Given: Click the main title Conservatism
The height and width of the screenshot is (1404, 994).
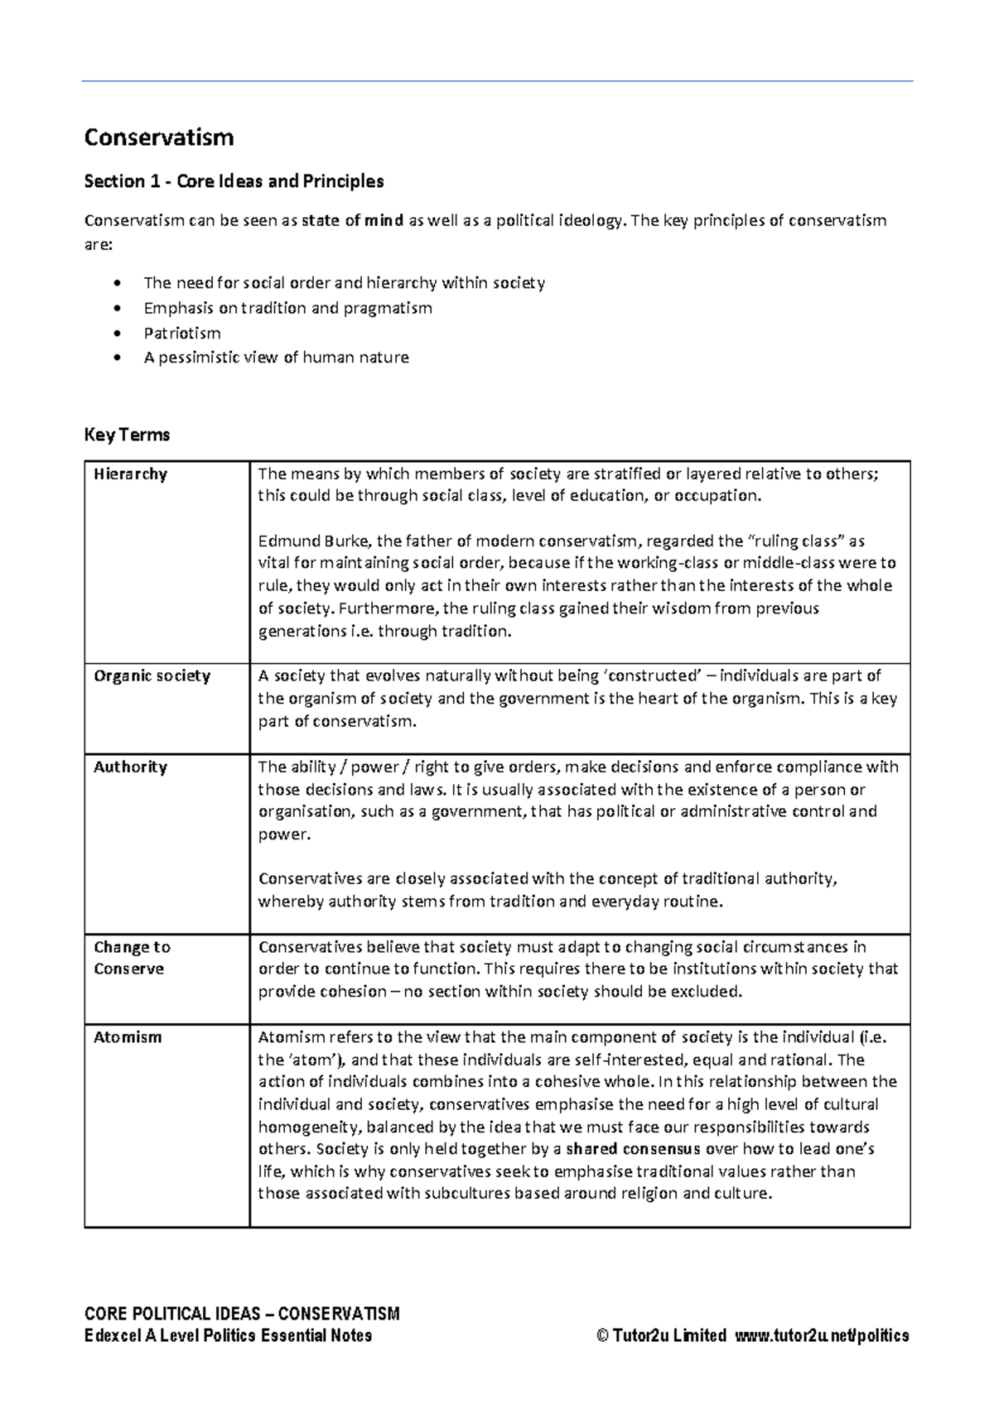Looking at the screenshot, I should point(158,137).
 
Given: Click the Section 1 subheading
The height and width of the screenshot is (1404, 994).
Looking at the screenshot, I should point(234,181).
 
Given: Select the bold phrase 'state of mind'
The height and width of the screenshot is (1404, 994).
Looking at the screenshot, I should point(352,220).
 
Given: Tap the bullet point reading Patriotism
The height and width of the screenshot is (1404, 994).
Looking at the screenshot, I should point(181,333).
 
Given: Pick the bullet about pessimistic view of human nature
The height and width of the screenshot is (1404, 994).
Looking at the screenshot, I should point(276,358).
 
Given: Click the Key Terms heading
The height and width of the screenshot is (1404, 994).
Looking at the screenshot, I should point(127,435).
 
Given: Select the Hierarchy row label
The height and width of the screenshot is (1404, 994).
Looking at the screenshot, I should point(130,474).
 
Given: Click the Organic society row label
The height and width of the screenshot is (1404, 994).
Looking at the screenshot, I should point(152,676).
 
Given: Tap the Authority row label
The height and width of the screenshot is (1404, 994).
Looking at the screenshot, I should point(130,767).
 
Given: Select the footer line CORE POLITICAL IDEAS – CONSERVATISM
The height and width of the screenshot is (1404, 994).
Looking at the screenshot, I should point(242,1314).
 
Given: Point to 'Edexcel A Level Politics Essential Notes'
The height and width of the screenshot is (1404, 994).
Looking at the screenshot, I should point(228,1335).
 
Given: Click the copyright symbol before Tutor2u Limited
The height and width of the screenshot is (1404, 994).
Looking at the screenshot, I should point(602,1335).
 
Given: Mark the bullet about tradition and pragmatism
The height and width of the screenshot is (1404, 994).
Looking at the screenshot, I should point(287,308).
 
